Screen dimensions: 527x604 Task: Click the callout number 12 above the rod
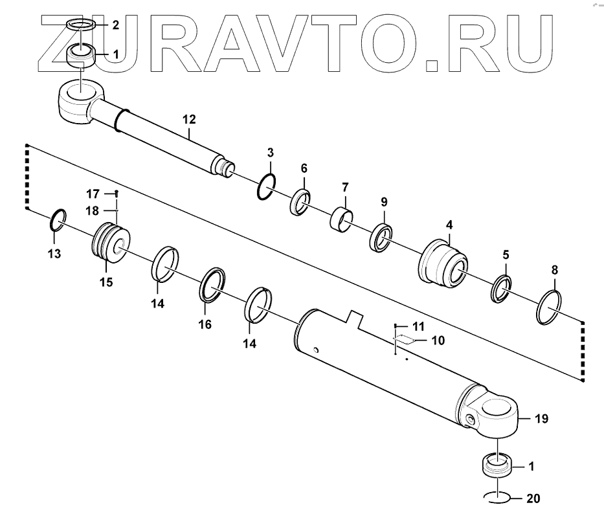click(x=189, y=120)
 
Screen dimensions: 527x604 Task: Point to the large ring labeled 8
click(x=550, y=308)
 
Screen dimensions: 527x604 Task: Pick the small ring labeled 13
click(x=56, y=220)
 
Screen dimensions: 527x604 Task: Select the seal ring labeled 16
click(x=212, y=285)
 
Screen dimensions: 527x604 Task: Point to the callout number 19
click(x=541, y=419)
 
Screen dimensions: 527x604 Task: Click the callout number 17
click(x=93, y=193)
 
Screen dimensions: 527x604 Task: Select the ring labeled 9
click(x=381, y=237)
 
